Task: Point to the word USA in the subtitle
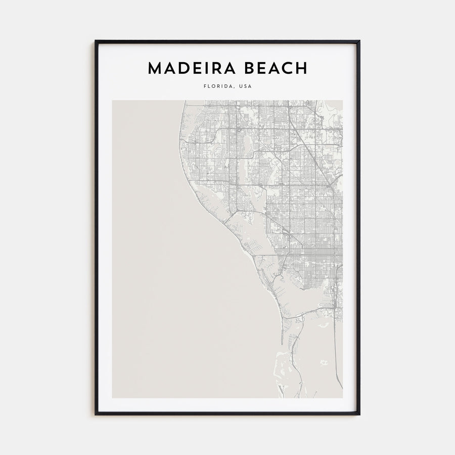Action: pyautogui.click(x=245, y=86)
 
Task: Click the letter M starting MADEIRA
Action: pyautogui.click(x=154, y=69)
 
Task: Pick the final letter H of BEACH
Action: pyautogui.click(x=301, y=69)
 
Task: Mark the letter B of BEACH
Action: pyautogui.click(x=253, y=69)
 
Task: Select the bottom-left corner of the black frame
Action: pyautogui.click(x=96, y=414)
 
